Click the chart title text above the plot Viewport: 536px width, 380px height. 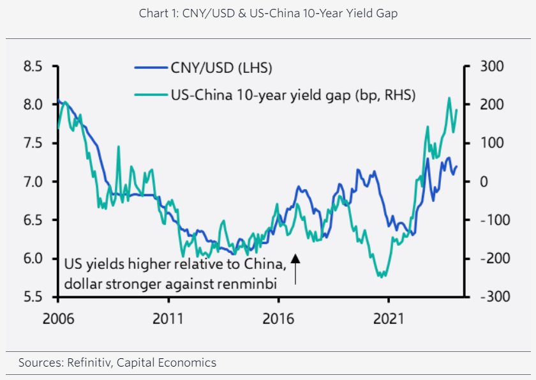point(268,13)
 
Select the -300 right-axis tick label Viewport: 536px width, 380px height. point(493,297)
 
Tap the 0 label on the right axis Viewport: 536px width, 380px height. point(485,181)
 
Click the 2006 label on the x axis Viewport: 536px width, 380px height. point(58,317)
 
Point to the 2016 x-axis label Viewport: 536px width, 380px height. point(278,317)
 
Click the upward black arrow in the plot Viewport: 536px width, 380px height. point(295,268)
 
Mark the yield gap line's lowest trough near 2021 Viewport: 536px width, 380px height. point(381,277)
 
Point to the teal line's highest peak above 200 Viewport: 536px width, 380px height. point(449,98)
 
